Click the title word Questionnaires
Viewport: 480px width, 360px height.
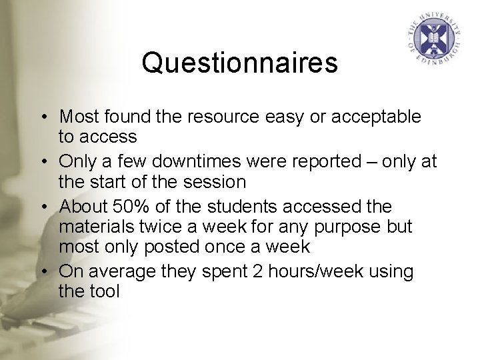[239, 63]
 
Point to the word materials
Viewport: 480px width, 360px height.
[91, 226]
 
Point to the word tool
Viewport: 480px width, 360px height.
[104, 291]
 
